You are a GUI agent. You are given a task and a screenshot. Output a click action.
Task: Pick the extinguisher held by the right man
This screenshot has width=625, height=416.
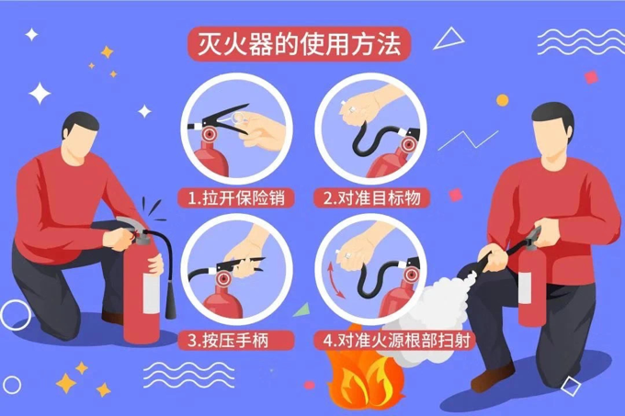pyautogui.click(x=531, y=280)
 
